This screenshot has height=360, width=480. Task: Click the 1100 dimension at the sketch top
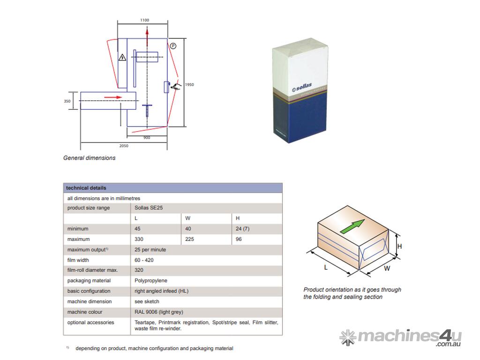[144, 20]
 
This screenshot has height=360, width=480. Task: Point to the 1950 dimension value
[189, 85]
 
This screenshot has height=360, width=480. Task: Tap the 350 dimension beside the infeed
[67, 101]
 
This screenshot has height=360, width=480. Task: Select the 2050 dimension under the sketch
[123, 146]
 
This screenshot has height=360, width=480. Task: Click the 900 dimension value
[147, 137]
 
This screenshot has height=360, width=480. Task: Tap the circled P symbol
[173, 45]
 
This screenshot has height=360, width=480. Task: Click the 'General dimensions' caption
[89, 158]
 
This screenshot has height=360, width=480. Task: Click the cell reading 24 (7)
[242, 229]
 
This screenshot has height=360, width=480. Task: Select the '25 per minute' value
[150, 250]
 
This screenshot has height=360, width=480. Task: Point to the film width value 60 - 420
[144, 260]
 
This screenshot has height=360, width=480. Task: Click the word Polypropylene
[150, 281]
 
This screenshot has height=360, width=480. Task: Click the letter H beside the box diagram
[400, 247]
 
